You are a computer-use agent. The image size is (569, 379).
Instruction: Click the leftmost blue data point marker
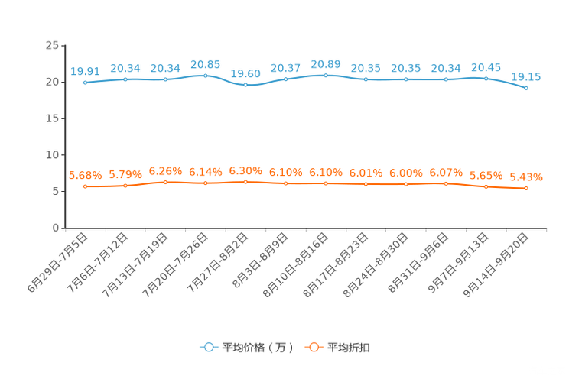tap(85, 82)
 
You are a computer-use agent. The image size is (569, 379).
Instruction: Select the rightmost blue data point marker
tap(526, 88)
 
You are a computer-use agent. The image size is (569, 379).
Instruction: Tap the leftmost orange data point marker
tap(86, 186)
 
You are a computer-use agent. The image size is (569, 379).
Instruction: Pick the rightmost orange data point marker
tap(526, 188)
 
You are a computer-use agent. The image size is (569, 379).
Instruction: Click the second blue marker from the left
tap(125, 79)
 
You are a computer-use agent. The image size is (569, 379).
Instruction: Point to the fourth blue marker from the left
tap(205, 75)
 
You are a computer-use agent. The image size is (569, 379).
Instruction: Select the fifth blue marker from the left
tap(245, 84)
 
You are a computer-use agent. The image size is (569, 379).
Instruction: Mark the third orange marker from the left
tap(165, 182)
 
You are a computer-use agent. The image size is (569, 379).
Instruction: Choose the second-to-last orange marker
tap(486, 186)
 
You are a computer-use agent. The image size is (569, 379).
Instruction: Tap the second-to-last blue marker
tap(486, 78)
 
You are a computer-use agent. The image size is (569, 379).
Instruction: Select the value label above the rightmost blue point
tap(526, 76)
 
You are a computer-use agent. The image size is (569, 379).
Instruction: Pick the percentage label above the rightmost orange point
tap(526, 177)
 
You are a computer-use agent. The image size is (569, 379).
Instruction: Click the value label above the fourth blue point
tap(205, 64)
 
